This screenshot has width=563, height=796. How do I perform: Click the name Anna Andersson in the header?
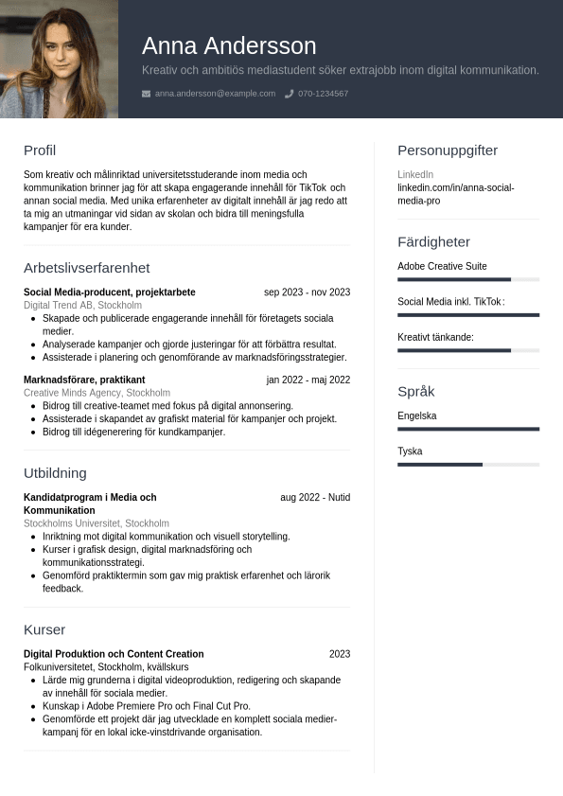pyautogui.click(x=229, y=45)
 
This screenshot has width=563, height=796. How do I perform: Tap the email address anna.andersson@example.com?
pyautogui.click(x=215, y=94)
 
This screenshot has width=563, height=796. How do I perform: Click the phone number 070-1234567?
pyautogui.click(x=323, y=94)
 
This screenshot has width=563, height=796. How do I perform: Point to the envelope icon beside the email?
pyautogui.click(x=146, y=94)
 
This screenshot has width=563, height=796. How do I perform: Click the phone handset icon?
pyautogui.click(x=290, y=94)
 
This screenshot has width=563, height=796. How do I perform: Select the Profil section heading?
pyautogui.click(x=40, y=150)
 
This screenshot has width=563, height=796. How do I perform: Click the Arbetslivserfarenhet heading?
pyautogui.click(x=86, y=268)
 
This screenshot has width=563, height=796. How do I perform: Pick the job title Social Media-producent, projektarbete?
pyautogui.click(x=110, y=292)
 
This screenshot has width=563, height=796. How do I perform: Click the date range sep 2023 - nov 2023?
pyautogui.click(x=307, y=292)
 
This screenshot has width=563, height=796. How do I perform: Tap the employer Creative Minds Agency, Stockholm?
pyautogui.click(x=97, y=393)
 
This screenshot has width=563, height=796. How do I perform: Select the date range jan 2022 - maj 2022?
pyautogui.click(x=308, y=380)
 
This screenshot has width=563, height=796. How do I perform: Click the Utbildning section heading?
pyautogui.click(x=55, y=473)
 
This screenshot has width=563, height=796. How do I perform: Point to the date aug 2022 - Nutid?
pyautogui.click(x=314, y=497)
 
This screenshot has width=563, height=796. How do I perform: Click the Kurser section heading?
pyautogui.click(x=44, y=630)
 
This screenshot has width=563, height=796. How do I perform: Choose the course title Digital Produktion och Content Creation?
pyautogui.click(x=114, y=654)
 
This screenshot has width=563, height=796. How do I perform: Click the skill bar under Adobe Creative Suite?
pyautogui.click(x=467, y=279)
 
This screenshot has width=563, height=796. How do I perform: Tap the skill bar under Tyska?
pyautogui.click(x=467, y=465)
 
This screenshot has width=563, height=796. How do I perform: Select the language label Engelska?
pyautogui.click(x=417, y=416)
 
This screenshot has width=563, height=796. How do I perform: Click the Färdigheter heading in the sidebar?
pyautogui.click(x=433, y=242)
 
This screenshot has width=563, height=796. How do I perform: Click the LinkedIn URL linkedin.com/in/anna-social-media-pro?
pyautogui.click(x=455, y=194)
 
